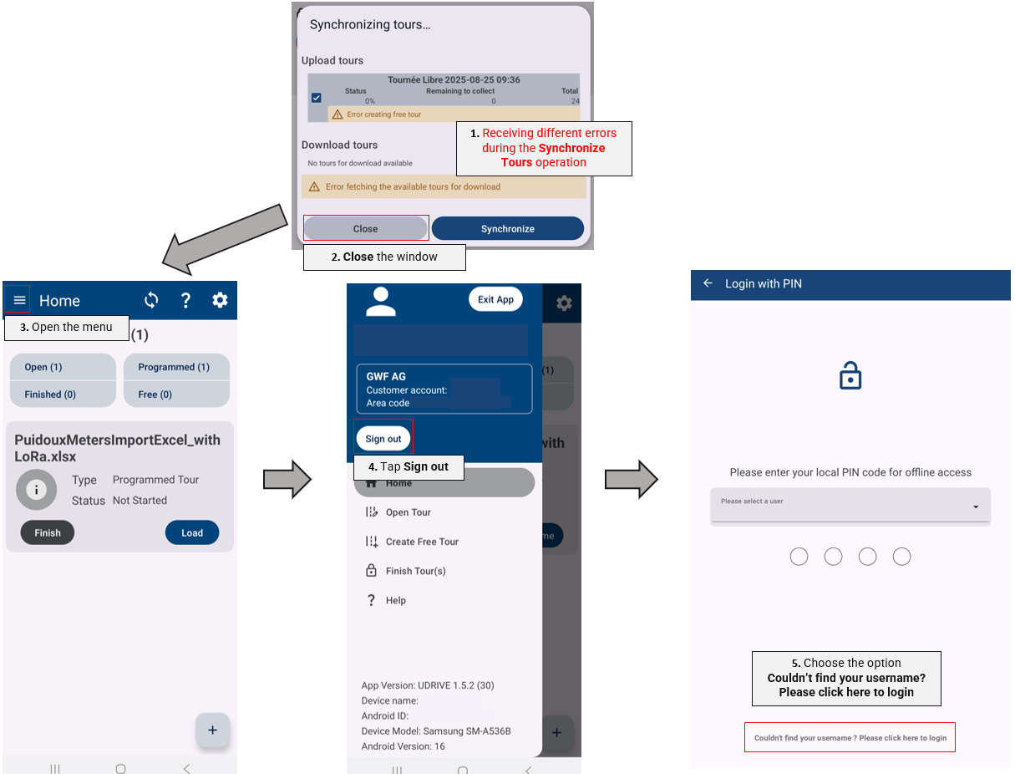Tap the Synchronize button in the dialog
point(507,228)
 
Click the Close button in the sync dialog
point(366,228)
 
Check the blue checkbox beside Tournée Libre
point(316,98)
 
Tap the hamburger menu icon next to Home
point(20,300)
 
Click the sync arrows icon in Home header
point(151,300)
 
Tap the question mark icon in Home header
point(185,300)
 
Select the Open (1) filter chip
point(63,367)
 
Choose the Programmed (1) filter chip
point(176,367)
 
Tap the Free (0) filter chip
point(176,394)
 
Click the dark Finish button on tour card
point(48,532)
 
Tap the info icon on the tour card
point(36,490)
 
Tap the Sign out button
point(383,439)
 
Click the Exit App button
point(496,299)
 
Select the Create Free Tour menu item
point(422,542)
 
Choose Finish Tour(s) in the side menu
point(415,571)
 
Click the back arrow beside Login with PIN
point(708,283)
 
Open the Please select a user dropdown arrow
point(975,507)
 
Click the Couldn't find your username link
point(850,738)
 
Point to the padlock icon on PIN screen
point(850,377)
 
